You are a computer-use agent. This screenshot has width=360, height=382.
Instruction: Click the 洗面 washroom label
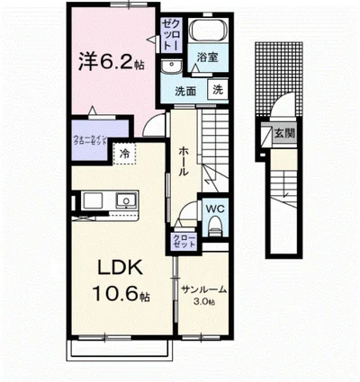tap(185, 91)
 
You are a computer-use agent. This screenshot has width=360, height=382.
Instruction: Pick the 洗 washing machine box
tap(218, 89)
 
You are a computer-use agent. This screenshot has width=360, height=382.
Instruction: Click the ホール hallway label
tap(183, 162)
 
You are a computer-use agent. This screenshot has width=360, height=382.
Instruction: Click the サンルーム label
tap(203, 290)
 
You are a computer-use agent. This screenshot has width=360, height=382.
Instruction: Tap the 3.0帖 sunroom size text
tap(204, 303)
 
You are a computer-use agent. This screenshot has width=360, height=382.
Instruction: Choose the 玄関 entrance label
tap(282, 135)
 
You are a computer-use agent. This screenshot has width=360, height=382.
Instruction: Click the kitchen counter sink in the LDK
tap(123, 200)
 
